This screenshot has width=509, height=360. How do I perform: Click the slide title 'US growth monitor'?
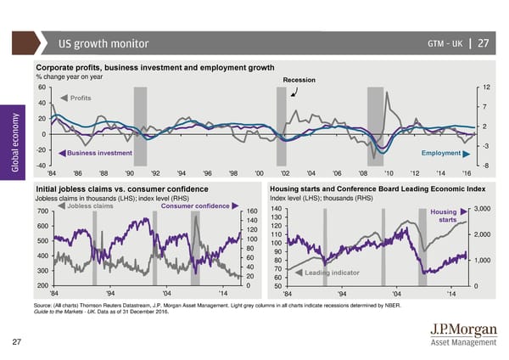103,44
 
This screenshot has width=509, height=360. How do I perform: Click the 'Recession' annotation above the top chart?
299,81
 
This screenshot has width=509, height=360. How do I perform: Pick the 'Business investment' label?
99,153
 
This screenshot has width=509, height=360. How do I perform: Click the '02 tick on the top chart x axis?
285,173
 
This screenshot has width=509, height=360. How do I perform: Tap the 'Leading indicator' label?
332,273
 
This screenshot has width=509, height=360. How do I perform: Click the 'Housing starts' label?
445,217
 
